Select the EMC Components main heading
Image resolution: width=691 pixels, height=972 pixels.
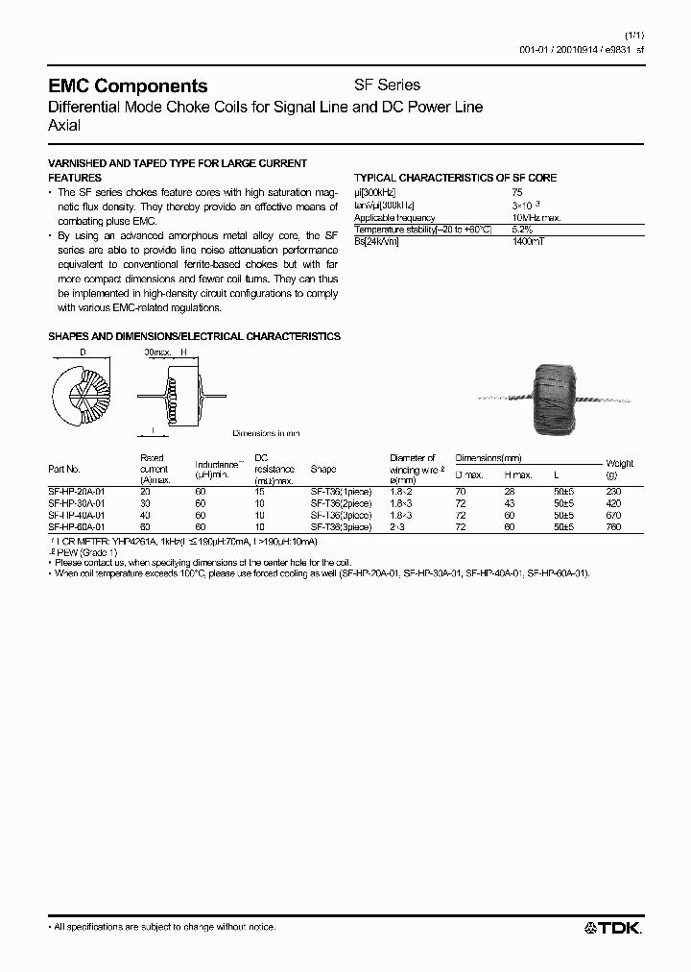128,86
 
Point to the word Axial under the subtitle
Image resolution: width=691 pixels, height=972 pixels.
64,125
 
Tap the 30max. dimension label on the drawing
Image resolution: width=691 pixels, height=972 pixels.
156,352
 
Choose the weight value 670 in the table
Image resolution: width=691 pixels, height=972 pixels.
614,515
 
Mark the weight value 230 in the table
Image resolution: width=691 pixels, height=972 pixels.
614,490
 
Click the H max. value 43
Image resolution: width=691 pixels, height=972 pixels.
509,502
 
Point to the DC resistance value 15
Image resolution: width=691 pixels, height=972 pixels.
259,490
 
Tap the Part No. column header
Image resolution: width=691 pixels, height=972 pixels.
63,470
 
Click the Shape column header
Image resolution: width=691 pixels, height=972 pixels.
323,470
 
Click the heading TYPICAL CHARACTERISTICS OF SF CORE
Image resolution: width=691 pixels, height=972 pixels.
455,178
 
